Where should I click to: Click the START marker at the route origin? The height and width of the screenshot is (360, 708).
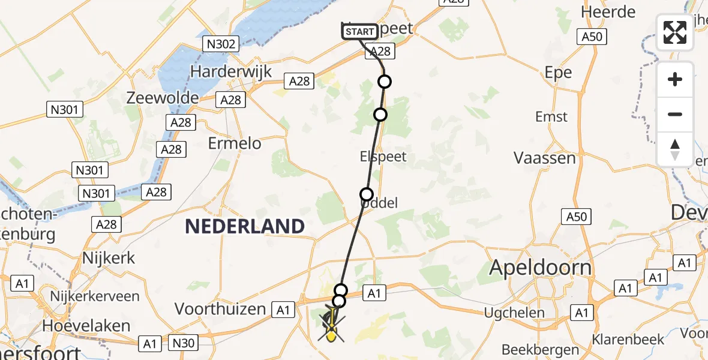360,32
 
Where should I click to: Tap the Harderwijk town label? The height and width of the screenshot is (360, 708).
231,71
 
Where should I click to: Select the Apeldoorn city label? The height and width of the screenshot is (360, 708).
541,267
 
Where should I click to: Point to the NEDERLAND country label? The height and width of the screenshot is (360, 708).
244,226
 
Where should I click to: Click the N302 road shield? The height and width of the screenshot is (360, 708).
221,44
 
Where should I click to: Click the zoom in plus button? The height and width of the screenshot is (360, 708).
675,80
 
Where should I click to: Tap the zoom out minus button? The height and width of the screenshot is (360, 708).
675,114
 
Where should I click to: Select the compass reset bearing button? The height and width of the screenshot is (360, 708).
675,149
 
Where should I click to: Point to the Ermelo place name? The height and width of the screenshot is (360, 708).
235,143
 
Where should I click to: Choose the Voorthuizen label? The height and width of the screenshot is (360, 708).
220,309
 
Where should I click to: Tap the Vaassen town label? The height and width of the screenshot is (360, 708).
545,158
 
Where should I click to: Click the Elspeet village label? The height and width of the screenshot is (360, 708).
383,157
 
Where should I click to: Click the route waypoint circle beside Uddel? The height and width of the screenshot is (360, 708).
366,194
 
